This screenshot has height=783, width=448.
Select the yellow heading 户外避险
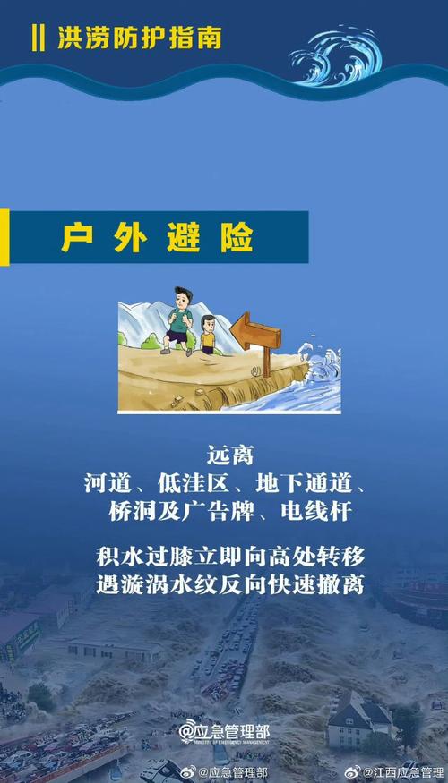pos(158,237)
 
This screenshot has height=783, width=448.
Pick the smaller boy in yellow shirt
pos(209,335)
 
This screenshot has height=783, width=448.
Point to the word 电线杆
pos(310,512)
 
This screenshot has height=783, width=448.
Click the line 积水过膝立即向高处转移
pos(225,556)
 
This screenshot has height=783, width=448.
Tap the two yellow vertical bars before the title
pos(37,38)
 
